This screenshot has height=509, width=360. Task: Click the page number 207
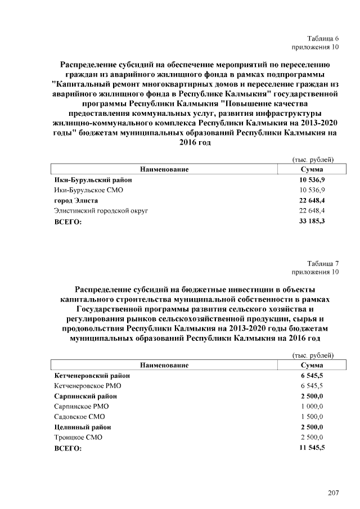pyautogui.click(x=333, y=493)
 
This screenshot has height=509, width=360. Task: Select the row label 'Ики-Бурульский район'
pyautogui.click(x=93, y=180)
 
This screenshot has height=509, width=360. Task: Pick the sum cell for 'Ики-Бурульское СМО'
pyautogui.click(x=312, y=190)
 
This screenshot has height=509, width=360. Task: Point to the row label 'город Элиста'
pyautogui.click(x=76, y=201)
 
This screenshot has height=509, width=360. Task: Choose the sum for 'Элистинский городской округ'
pyautogui.click(x=312, y=211)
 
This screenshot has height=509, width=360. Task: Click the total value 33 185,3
pyautogui.click(x=312, y=222)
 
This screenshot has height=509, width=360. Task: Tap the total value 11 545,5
pyautogui.click(x=312, y=448)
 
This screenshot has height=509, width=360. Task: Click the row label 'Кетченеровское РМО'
pyautogui.click(x=87, y=386)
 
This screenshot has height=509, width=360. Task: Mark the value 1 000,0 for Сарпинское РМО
pyautogui.click(x=312, y=406)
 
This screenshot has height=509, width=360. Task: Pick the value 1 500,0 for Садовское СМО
pyautogui.click(x=312, y=417)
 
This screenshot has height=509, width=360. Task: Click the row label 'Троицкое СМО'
pyautogui.click(x=78, y=437)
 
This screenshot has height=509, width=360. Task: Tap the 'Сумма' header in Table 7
pyautogui.click(x=312, y=365)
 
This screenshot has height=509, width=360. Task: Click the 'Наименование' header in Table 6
pyautogui.click(x=164, y=169)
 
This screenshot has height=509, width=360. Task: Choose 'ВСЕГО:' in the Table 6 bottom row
pyautogui.click(x=67, y=222)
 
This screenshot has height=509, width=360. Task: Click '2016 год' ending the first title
pyautogui.click(x=195, y=143)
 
